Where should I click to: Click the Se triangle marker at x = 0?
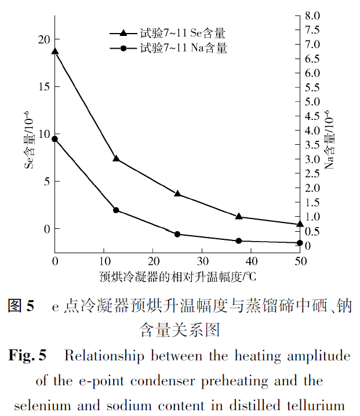pos(55,51)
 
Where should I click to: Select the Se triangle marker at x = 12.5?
pos(116,158)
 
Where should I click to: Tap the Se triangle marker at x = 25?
pos(177,194)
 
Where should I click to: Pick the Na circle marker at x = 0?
pos(55,139)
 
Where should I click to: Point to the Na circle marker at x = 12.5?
pos(116,210)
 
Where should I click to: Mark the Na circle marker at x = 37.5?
pos(239,241)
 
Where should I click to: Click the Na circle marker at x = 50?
pos(300,243)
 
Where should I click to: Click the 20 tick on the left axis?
pos(42,39)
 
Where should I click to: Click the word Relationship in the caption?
pos(103,355)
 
